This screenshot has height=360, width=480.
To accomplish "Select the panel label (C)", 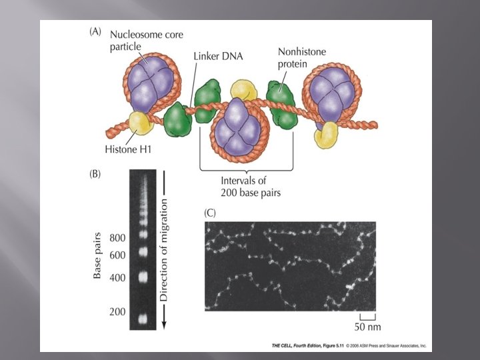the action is [x=211, y=213].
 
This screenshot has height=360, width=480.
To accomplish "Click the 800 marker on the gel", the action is [x=117, y=238].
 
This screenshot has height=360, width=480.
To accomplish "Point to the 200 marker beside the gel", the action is [x=117, y=312].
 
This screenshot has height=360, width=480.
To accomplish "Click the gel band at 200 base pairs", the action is [x=141, y=319].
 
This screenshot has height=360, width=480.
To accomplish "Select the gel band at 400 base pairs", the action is [x=141, y=276].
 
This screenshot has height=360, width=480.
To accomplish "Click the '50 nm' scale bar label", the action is [x=368, y=328].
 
